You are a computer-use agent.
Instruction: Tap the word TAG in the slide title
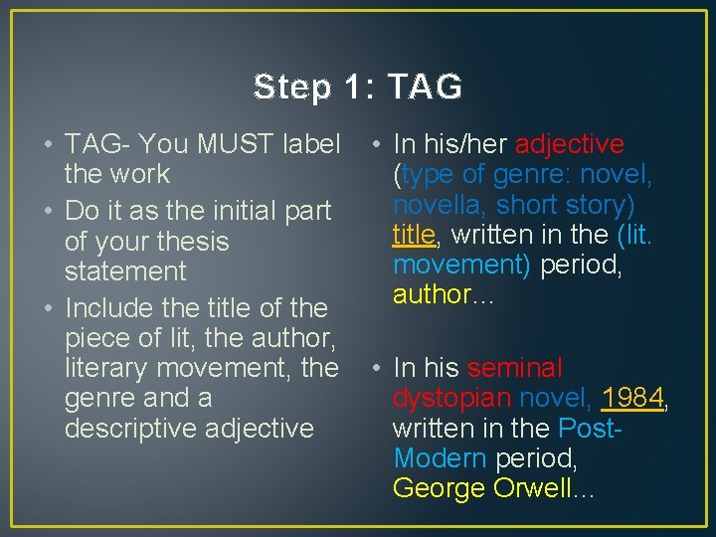pyautogui.click(x=425, y=88)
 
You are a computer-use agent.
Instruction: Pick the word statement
pyautogui.click(x=125, y=271)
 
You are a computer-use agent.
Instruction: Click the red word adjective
pyautogui.click(x=569, y=144)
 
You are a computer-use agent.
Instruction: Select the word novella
pyautogui.click(x=438, y=205)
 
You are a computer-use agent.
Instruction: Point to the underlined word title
pyautogui.click(x=413, y=235)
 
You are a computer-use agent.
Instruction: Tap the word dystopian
pyautogui.click(x=452, y=398)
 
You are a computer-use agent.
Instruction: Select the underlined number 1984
pyautogui.click(x=632, y=398)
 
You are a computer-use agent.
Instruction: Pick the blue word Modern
pyautogui.click(x=439, y=458)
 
